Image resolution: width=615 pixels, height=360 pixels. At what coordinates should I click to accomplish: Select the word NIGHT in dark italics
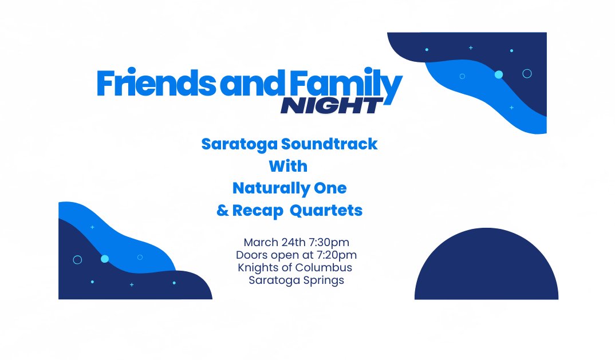[x=332, y=105]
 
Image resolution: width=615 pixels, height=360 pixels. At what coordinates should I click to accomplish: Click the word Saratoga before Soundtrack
[x=240, y=144]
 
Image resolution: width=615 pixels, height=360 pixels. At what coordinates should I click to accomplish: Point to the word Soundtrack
[x=329, y=144]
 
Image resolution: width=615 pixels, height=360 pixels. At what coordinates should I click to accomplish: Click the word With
[x=288, y=167]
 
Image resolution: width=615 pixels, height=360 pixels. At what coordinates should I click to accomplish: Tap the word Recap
[x=258, y=211]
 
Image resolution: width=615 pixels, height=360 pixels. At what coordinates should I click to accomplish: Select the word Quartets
[x=326, y=211]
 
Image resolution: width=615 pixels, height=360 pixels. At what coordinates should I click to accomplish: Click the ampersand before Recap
[x=222, y=211]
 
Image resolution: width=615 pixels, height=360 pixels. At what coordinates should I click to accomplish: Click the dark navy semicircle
[x=486, y=267]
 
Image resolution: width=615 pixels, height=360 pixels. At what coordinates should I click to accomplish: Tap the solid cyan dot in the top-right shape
[x=499, y=74]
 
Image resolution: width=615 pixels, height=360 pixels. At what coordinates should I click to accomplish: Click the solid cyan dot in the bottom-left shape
[x=105, y=259]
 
